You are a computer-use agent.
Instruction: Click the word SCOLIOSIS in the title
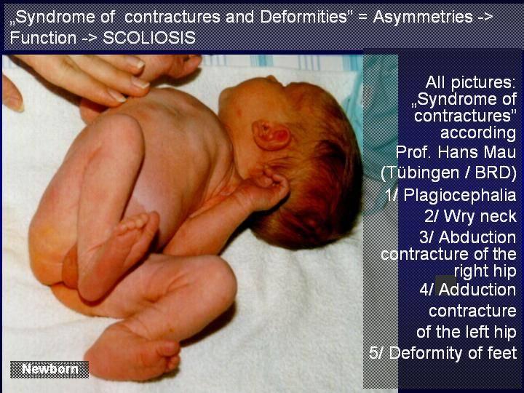tap(149, 37)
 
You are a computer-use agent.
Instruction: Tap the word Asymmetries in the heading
tap(423, 17)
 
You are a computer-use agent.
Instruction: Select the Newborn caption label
tap(49, 369)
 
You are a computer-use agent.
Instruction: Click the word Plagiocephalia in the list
tap(460, 195)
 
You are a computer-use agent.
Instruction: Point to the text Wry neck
tap(471, 216)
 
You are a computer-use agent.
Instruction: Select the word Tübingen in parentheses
tap(422, 172)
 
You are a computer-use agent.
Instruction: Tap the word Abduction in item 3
tap(477, 237)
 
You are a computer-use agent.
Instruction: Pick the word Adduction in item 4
tap(477, 290)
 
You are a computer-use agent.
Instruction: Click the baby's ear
tap(271, 135)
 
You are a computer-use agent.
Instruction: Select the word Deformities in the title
tap(303, 17)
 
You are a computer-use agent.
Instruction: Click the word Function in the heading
tap(43, 37)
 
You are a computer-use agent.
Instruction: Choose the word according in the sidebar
tap(478, 132)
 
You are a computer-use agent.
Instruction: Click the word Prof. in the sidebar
tap(414, 152)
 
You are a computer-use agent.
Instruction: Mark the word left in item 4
tap(475, 332)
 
